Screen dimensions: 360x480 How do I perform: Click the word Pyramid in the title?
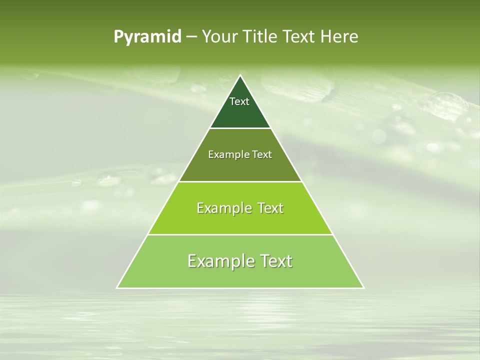[147, 37]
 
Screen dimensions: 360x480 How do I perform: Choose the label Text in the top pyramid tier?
[239, 101]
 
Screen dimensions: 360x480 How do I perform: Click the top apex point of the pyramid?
[240, 76]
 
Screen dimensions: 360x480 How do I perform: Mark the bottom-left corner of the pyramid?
[117, 287]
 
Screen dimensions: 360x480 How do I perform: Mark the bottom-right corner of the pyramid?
[363, 287]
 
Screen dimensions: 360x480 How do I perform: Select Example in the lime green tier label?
[223, 208]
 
